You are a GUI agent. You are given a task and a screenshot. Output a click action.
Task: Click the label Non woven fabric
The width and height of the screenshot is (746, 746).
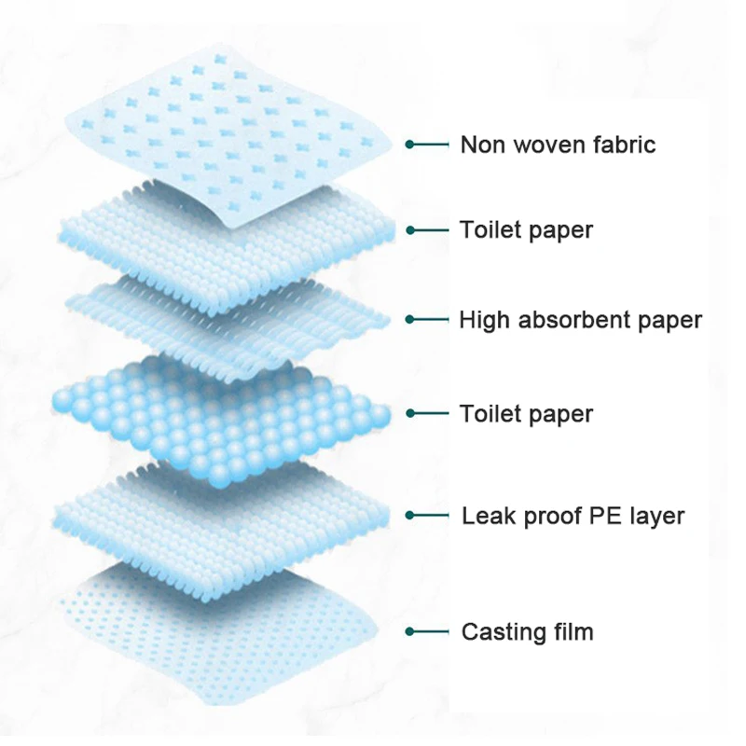pos(558,145)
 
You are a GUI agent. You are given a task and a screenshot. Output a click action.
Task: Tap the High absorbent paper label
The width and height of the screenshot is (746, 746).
pos(580,320)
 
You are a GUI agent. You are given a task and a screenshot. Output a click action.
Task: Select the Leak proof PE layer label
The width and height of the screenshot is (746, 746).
pos(573,515)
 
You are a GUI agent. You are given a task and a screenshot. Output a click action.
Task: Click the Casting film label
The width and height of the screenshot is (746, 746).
pos(527,631)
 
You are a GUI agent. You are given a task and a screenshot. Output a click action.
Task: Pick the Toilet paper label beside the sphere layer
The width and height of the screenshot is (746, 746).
pos(526,413)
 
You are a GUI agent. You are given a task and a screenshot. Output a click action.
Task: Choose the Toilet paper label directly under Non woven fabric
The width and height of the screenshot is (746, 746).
pos(526,229)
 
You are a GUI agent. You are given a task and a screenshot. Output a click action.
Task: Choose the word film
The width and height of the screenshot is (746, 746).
pos(571,631)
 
